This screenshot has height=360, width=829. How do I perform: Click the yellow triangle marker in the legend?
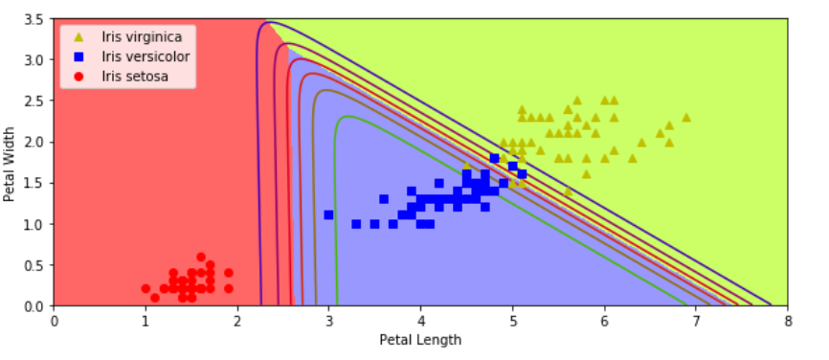[x=78, y=37]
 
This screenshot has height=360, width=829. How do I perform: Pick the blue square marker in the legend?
[x=78, y=56]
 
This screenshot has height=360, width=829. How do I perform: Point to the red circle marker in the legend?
[x=78, y=76]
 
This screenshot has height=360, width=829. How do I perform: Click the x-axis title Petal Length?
[x=420, y=340]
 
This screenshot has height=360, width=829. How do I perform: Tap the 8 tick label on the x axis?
[x=787, y=321]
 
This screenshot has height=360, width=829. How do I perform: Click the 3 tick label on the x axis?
[x=328, y=321]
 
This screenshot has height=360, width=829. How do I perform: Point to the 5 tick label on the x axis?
[x=512, y=321]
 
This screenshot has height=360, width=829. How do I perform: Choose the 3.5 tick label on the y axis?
[x=34, y=19]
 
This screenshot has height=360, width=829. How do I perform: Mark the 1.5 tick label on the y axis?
[x=34, y=183]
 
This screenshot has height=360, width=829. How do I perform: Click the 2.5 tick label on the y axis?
[x=34, y=101]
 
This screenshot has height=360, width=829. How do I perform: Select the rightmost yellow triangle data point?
[x=686, y=118]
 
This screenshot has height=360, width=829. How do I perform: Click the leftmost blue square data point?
[x=328, y=215]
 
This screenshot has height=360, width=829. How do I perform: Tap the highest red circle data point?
[x=200, y=257]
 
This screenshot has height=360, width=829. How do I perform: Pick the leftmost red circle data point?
[x=146, y=289]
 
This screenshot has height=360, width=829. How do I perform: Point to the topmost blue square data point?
[x=494, y=158]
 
